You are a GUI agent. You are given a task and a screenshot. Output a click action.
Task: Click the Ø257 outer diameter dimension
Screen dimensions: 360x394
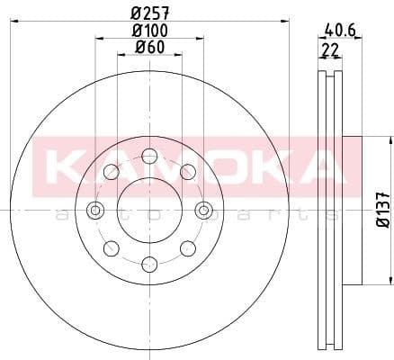tap(150, 13)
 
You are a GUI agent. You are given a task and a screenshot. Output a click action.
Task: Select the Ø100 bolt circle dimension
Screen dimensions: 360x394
tap(150, 31)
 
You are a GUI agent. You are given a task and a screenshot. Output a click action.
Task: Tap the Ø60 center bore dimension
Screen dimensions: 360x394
tap(148, 47)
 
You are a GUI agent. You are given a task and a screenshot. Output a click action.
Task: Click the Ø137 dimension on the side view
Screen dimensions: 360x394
tap(382, 210)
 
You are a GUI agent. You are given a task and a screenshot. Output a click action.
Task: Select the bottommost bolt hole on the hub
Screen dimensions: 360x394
tap(149, 265)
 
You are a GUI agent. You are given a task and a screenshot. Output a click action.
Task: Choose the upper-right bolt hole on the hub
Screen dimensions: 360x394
tap(188, 172)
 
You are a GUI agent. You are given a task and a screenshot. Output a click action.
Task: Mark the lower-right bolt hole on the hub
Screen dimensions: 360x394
tap(188, 248)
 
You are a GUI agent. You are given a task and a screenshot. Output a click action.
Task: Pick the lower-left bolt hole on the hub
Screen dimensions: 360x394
tap(111, 248)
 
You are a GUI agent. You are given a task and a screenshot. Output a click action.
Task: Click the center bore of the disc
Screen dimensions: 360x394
tap(149, 211)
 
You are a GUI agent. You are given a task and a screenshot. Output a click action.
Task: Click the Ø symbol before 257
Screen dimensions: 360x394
tap(136, 13)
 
